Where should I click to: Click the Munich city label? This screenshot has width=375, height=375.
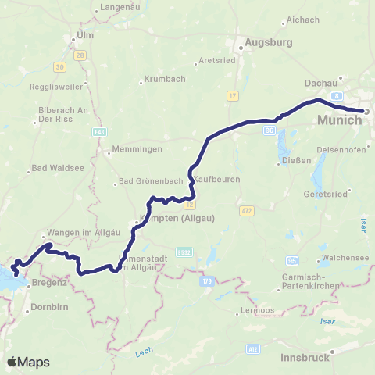coord(340,120)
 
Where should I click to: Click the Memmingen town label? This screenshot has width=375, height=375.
coord(137,148)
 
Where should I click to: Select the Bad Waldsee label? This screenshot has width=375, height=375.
coord(53,170)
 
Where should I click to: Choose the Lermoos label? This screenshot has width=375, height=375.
coord(255,312)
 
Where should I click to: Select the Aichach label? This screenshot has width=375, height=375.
coord(303,18)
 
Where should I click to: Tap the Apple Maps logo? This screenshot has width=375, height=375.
coord(29,362)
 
